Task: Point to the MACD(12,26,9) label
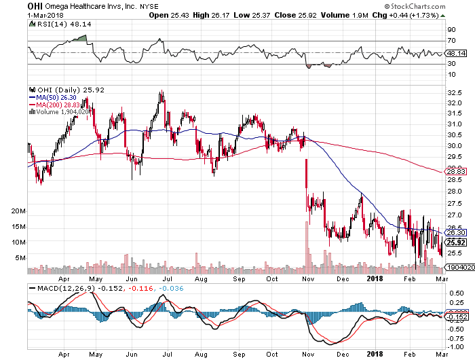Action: pyautogui.click(x=60, y=288)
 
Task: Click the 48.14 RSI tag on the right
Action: pyautogui.click(x=455, y=53)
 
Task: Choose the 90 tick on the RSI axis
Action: pyautogui.click(x=450, y=31)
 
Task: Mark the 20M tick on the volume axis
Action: pyautogui.click(x=18, y=211)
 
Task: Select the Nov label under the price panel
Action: pyautogui.click(x=308, y=277)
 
